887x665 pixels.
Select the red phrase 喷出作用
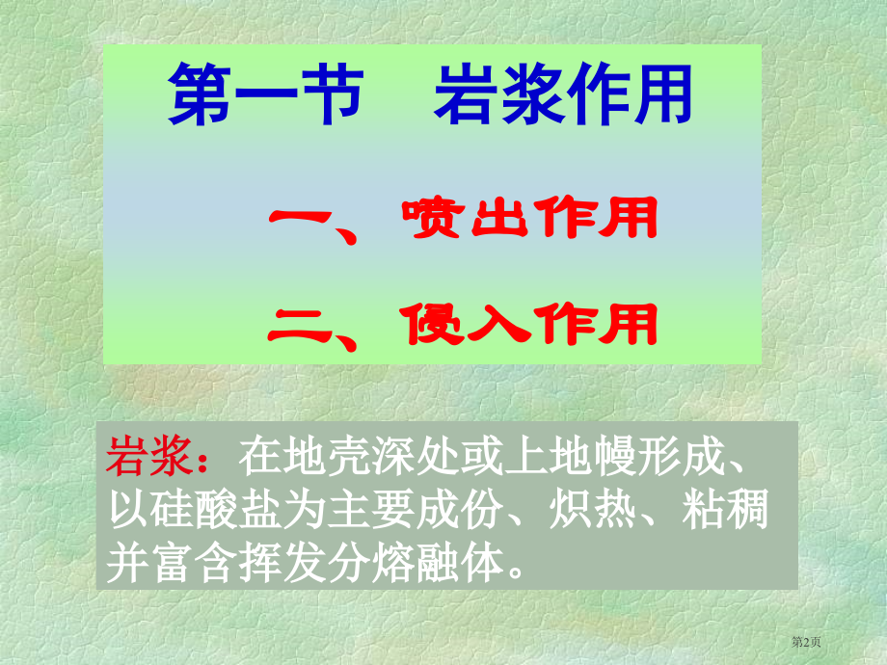(x=530, y=218)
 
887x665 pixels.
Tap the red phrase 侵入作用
(x=530, y=324)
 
